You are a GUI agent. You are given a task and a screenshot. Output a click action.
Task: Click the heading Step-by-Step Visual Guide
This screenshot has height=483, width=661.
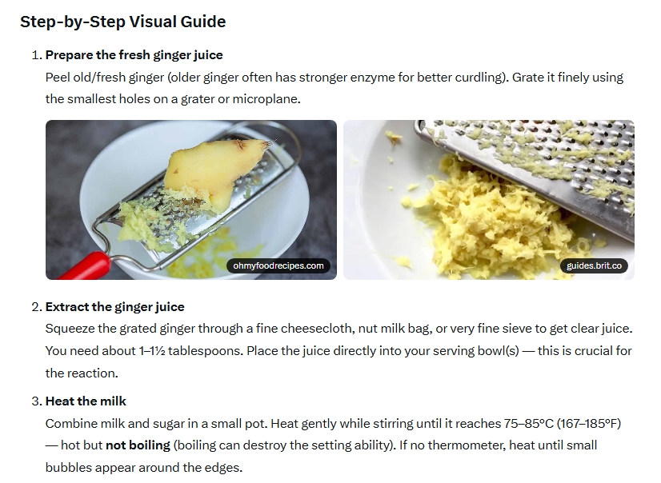123,22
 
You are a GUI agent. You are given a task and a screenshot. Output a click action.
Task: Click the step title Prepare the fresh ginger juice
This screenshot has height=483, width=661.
134,55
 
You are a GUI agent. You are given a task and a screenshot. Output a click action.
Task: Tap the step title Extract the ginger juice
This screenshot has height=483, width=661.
114,307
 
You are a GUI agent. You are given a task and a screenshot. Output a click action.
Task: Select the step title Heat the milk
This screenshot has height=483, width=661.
86,401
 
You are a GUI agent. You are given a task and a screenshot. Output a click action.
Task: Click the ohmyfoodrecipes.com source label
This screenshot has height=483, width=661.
278,265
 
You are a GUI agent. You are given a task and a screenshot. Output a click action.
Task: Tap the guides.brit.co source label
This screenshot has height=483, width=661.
594,265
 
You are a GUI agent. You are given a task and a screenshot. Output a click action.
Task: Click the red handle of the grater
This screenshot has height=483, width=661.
84,266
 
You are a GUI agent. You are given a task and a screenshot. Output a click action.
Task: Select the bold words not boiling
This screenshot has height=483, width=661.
138,445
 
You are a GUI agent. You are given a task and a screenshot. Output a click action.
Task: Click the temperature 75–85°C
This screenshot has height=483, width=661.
528,424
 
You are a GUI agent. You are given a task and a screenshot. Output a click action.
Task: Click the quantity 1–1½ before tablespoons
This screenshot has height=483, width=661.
152,351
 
